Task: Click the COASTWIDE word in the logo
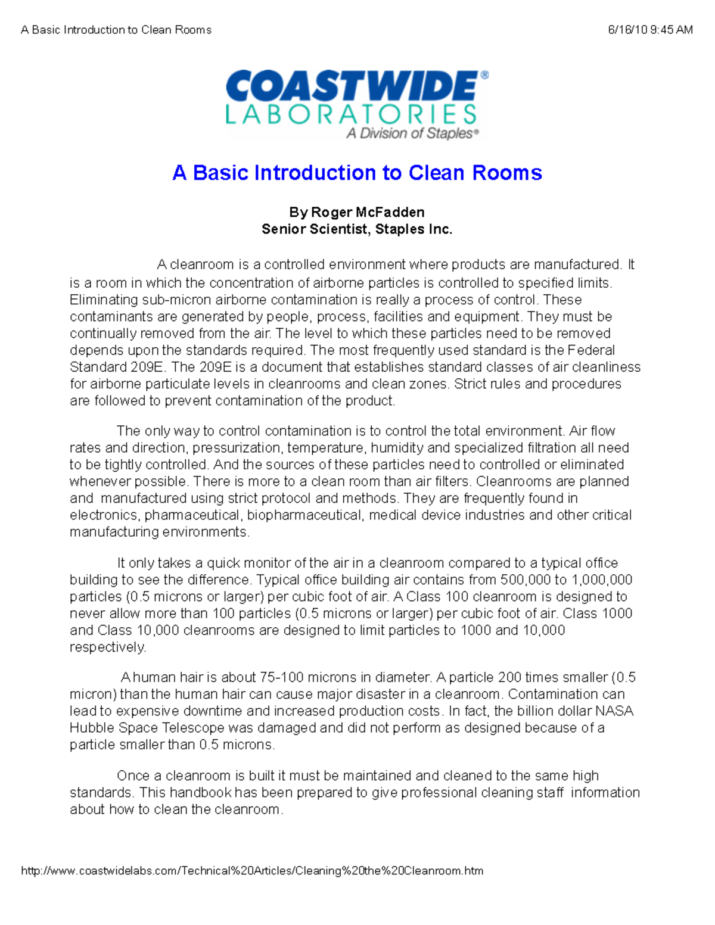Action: click(352, 86)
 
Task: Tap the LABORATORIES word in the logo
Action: click(351, 114)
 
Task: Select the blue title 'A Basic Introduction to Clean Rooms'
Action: click(357, 173)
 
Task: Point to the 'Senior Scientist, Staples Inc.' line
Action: click(357, 229)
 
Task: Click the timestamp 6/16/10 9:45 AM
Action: click(650, 30)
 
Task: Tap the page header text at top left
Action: click(116, 30)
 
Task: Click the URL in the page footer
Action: click(252, 871)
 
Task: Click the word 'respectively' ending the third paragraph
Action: click(107, 647)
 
